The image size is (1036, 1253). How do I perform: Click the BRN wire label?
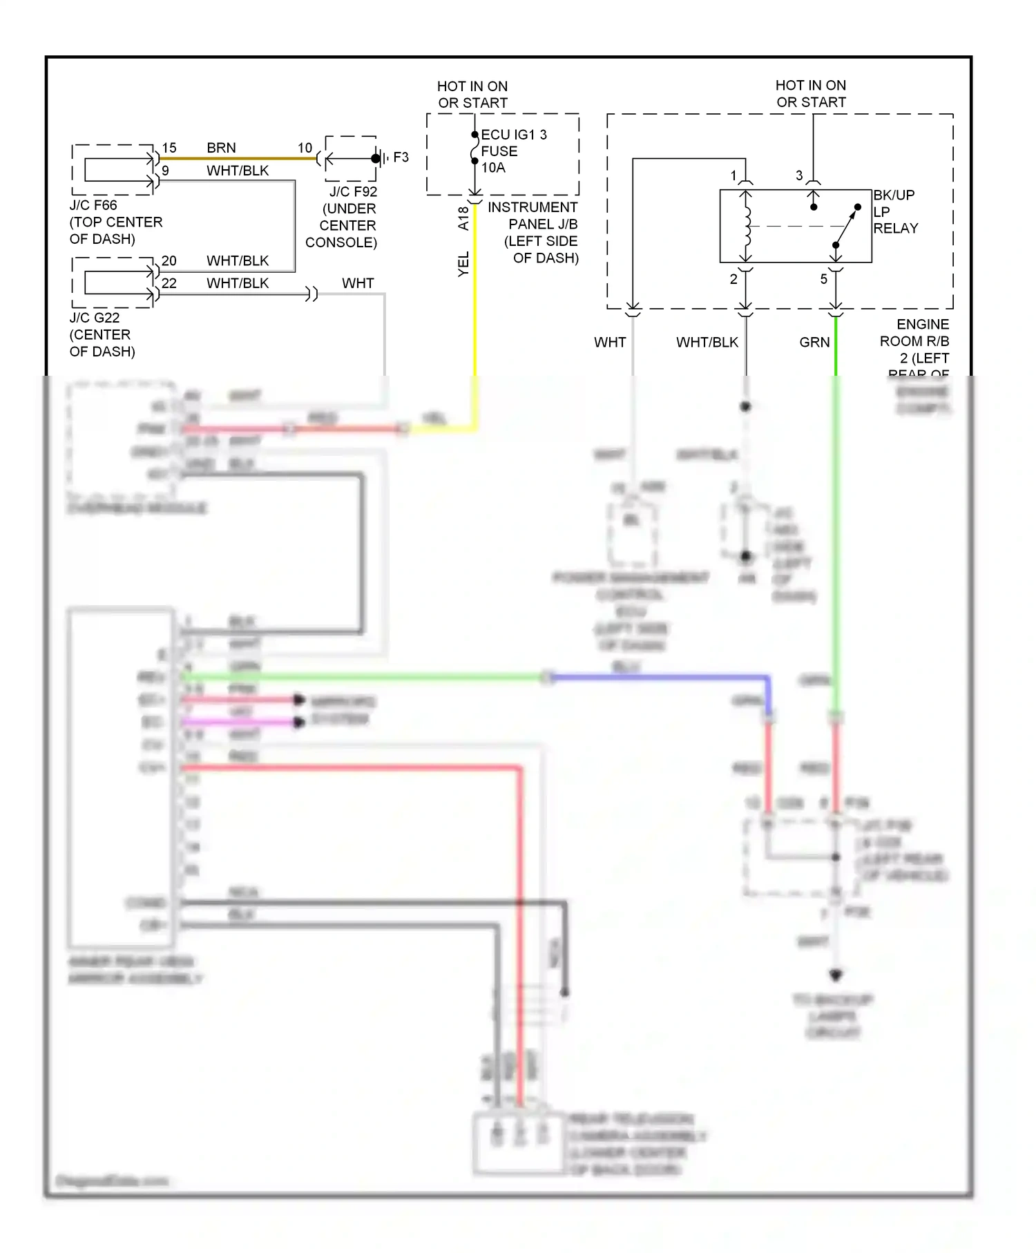(x=221, y=148)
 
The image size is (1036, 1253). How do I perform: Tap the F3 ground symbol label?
(x=401, y=157)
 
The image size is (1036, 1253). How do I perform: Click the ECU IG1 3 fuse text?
(x=513, y=135)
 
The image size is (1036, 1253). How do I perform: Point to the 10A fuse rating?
(x=493, y=168)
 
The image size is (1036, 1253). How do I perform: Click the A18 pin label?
(x=463, y=218)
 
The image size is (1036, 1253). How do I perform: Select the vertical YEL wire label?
(x=463, y=264)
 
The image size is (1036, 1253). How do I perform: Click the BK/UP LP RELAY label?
(x=895, y=211)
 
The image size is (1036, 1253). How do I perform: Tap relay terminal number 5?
(x=823, y=279)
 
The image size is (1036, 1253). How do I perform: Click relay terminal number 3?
(x=799, y=175)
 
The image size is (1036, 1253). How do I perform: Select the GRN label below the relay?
(x=814, y=342)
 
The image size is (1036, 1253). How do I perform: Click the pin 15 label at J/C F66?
(x=169, y=148)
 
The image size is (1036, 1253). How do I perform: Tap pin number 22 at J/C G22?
(x=169, y=283)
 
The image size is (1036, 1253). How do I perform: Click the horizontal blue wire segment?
(x=656, y=678)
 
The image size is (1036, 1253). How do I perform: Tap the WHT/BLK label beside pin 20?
(x=238, y=261)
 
